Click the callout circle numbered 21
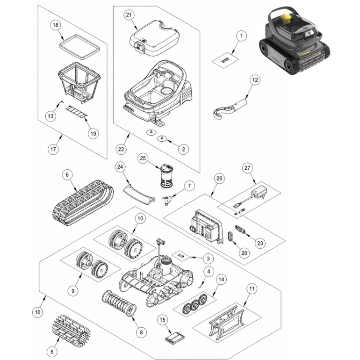(x=129, y=14)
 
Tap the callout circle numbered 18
(x=56, y=25)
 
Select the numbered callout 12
(x=255, y=80)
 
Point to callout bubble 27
(x=247, y=168)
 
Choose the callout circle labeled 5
(x=52, y=352)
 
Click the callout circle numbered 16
(x=38, y=312)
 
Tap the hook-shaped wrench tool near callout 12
(x=230, y=109)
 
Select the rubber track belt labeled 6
(x=83, y=202)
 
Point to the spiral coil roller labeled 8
(x=119, y=303)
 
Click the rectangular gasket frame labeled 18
(x=79, y=47)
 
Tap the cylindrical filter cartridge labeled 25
(x=167, y=176)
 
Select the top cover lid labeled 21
(x=154, y=38)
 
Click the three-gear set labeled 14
(x=195, y=304)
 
